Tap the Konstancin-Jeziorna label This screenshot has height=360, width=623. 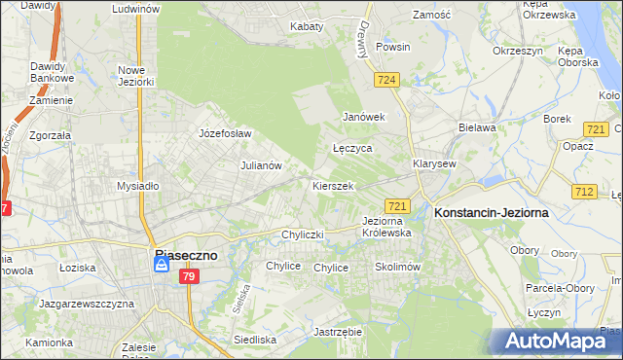(492, 211)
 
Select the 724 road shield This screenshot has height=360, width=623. (386, 80)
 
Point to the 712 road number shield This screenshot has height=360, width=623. (583, 192)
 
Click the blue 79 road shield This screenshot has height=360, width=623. (189, 277)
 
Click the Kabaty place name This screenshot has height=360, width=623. (306, 27)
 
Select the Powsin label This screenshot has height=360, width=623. (392, 47)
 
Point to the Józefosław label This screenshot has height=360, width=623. (225, 133)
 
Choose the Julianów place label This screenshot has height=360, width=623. (261, 165)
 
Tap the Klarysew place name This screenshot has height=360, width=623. (434, 164)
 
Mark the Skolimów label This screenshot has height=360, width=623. (396, 267)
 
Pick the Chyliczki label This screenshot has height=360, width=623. (302, 234)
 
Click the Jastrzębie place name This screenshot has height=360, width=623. (338, 332)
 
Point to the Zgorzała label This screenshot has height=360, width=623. (52, 136)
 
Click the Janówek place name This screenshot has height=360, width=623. (364, 117)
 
